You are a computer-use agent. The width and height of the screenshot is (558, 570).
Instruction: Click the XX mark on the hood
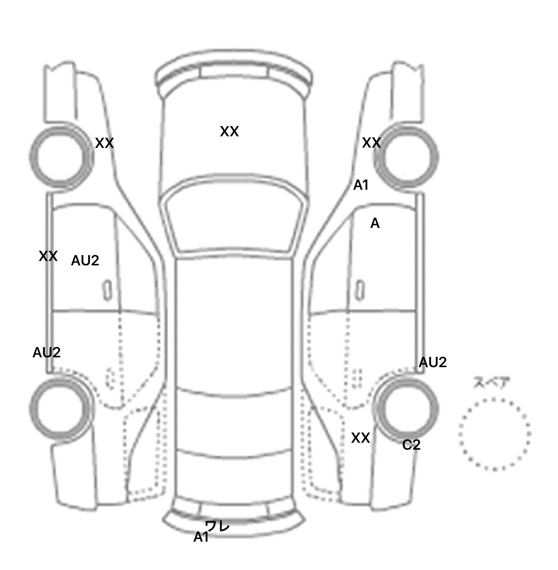pyautogui.click(x=229, y=132)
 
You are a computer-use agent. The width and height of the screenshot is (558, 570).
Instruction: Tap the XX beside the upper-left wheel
pyautogui.click(x=104, y=143)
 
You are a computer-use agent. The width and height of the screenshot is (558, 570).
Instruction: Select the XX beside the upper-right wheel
pyautogui.click(x=371, y=143)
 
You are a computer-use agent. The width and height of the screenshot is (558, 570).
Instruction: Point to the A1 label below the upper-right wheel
pyautogui.click(x=361, y=185)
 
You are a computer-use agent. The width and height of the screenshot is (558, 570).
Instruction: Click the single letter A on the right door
pyautogui.click(x=375, y=224)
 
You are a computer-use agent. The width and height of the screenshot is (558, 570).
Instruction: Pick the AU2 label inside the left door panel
pyautogui.click(x=85, y=261)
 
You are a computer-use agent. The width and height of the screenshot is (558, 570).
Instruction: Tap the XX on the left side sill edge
pyautogui.click(x=48, y=256)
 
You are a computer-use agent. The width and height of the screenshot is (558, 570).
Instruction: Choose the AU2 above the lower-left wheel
pyautogui.click(x=46, y=353)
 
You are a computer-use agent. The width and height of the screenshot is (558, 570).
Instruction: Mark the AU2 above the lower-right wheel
pyautogui.click(x=432, y=362)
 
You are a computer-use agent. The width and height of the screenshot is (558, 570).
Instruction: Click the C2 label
pyautogui.click(x=411, y=445)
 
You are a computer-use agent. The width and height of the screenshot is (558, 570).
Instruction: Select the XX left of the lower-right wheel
pyautogui.click(x=360, y=438)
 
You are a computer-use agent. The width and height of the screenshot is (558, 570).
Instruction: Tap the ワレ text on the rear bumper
pyautogui.click(x=218, y=526)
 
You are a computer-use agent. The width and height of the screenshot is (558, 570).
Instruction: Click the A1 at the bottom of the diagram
pyautogui.click(x=201, y=537)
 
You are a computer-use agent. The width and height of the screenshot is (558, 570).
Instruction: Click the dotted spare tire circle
pyautogui.click(x=494, y=434)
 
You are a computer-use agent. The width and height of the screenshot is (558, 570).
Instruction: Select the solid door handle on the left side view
pyautogui.click(x=107, y=290)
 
